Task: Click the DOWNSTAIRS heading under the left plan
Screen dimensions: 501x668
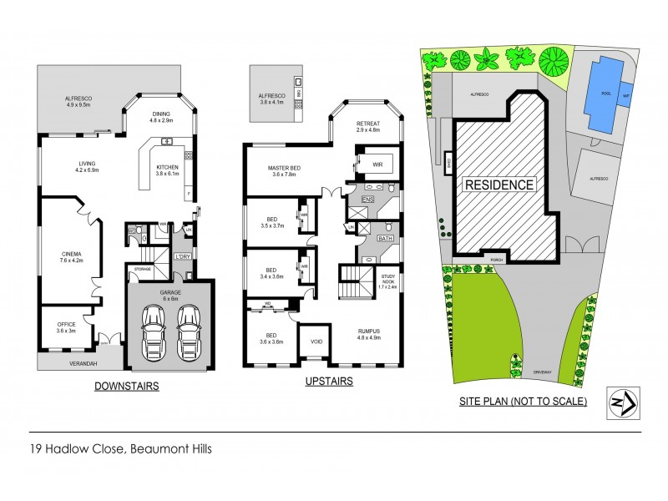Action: (126, 386)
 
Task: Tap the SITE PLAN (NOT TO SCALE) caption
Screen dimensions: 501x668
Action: (524, 401)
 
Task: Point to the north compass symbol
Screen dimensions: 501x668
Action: (619, 402)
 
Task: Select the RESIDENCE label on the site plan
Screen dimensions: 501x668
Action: (498, 184)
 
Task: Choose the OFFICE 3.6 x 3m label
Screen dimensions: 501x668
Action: (67, 327)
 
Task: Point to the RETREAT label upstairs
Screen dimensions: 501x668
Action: (368, 126)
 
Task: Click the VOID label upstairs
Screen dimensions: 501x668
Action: (316, 342)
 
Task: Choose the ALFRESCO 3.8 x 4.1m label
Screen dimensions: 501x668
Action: (271, 99)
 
